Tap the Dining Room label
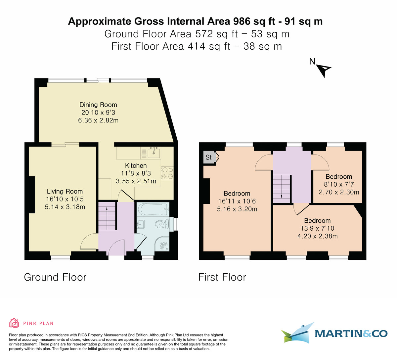98,105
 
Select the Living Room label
65,191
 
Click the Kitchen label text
136,165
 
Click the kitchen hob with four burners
167,173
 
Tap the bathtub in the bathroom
153,209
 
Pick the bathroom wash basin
140,224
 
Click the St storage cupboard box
209,157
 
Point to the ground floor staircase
107,217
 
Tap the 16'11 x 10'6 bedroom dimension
237,201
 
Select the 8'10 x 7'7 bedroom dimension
338,184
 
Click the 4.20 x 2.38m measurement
317,236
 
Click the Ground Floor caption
55,277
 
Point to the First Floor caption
222,277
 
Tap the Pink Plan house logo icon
14,323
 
